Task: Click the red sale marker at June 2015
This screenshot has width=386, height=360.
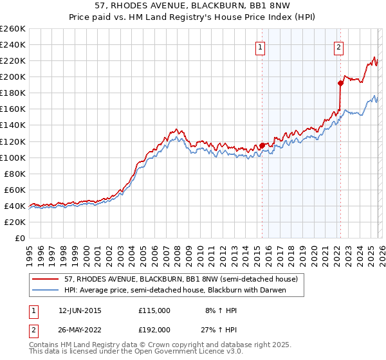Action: tap(262, 145)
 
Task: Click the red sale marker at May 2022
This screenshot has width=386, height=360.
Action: tap(340, 83)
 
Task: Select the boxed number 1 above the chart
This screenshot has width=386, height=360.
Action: tap(260, 46)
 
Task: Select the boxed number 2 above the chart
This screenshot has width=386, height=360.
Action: tap(338, 46)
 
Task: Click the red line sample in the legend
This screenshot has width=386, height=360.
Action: tap(46, 280)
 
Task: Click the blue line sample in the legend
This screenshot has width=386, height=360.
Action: tap(46, 290)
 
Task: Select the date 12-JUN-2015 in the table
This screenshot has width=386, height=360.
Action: tap(79, 310)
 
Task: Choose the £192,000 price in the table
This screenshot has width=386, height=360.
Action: tap(154, 329)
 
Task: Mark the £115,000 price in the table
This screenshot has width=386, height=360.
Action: tap(154, 310)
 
